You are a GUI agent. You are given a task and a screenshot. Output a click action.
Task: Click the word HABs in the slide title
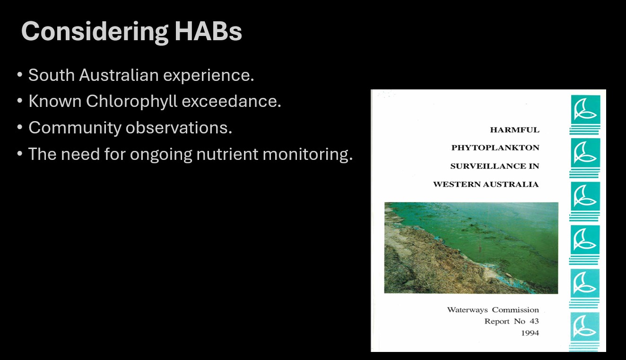coord(208,31)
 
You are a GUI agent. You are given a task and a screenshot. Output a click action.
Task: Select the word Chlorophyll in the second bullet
coord(131,101)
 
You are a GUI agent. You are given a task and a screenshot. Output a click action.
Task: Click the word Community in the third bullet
coord(75,128)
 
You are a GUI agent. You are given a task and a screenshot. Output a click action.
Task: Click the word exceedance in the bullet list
coord(231,101)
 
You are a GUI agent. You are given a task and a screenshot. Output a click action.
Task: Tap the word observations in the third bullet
coord(179,128)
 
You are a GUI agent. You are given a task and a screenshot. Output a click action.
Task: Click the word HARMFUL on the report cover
coord(515,130)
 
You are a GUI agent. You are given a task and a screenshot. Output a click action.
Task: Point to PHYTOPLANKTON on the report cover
coord(495,148)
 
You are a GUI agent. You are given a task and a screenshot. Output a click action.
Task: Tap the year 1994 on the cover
coord(530,333)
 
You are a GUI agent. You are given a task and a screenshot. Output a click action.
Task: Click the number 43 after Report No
coord(534,321)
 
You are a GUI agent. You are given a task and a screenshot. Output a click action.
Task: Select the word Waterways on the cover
coord(467,310)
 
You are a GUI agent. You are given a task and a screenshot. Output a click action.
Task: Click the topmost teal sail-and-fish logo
coord(585,109)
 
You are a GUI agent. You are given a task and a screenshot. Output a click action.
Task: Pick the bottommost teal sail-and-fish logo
coord(585,326)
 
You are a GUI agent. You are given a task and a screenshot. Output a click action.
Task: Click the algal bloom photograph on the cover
coord(471,248)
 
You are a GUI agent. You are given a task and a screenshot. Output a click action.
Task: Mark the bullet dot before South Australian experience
coord(19,75)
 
